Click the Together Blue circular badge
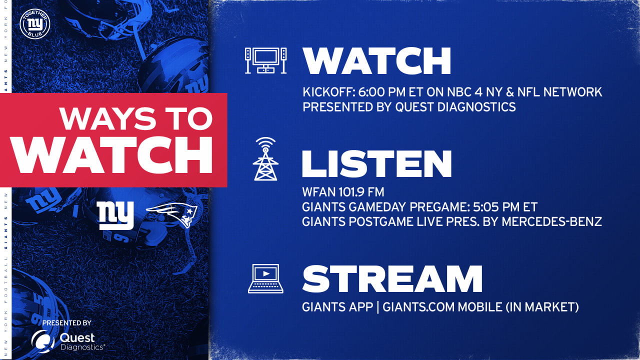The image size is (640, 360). click(x=35, y=24)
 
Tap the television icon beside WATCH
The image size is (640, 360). click(x=265, y=60)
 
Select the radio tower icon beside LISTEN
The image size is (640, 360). click(x=265, y=159)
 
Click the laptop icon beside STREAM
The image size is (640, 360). click(x=265, y=278)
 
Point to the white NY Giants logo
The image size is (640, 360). click(x=115, y=215)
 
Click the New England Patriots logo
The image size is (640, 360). click(x=172, y=215)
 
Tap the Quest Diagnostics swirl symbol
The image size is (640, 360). click(x=43, y=341)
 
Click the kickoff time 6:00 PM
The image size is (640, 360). click(x=381, y=92)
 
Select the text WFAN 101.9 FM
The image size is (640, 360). click(x=343, y=192)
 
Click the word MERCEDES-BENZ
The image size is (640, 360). click(x=551, y=221)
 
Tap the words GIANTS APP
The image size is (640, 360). click(x=337, y=307)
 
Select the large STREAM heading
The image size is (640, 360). click(x=392, y=278)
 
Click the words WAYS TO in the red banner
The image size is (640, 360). click(x=136, y=118)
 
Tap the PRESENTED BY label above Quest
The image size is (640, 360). click(x=66, y=323)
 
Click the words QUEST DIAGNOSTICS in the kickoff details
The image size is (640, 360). click(x=455, y=107)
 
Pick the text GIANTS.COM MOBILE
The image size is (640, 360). click(x=442, y=307)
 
